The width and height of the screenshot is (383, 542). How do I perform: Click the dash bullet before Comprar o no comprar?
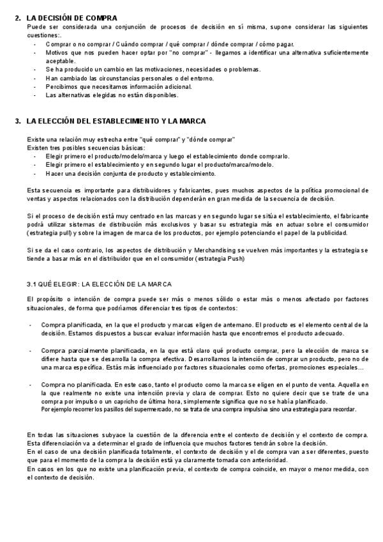tap(34, 44)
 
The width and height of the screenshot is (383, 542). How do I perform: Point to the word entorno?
tap(199, 78)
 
